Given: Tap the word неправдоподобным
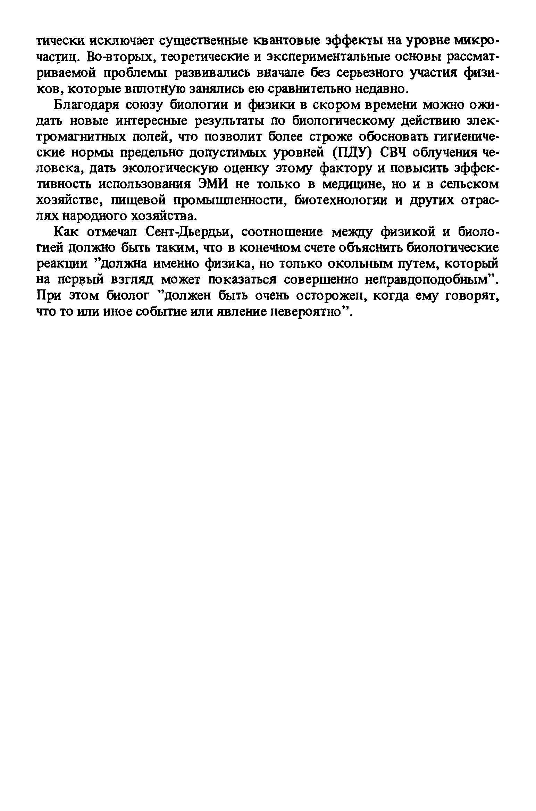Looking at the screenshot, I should point(436,280).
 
